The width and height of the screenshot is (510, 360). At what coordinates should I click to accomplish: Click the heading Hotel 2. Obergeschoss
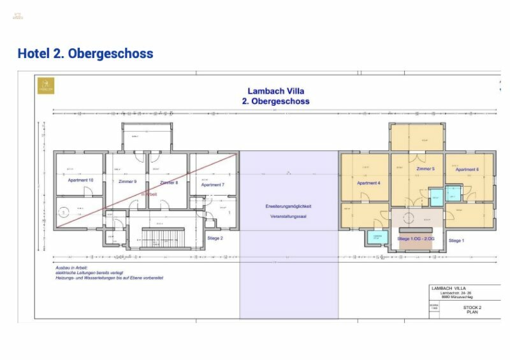pyautogui.click(x=85, y=54)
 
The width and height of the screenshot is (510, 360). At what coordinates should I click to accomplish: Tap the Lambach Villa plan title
pyautogui.click(x=276, y=91)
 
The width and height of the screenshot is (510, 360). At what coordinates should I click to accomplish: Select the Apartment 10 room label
pyautogui.click(x=80, y=180)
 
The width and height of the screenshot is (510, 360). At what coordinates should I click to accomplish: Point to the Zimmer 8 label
pyautogui.click(x=169, y=183)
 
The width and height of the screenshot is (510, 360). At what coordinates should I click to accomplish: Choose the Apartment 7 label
pyautogui.click(x=212, y=185)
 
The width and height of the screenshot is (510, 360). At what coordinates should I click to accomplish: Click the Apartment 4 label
pyautogui.click(x=368, y=183)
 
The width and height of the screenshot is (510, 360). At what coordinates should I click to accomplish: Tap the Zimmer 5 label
pyautogui.click(x=425, y=169)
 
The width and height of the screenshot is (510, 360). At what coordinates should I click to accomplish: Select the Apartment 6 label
pyautogui.click(x=467, y=169)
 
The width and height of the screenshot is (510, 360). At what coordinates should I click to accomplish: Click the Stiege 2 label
pyautogui.click(x=215, y=238)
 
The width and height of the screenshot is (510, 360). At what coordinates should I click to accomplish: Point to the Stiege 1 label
pyautogui.click(x=456, y=241)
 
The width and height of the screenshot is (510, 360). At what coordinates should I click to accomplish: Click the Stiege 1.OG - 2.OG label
pyautogui.click(x=416, y=238)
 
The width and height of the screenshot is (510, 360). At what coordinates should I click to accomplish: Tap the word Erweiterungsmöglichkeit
pyautogui.click(x=288, y=206)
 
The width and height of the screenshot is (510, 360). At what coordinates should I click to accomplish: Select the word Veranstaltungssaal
pyautogui.click(x=288, y=217)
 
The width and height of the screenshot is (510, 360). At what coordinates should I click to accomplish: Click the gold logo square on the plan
pyautogui.click(x=46, y=85)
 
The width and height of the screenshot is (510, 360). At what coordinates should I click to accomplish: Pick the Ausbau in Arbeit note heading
pyautogui.click(x=71, y=267)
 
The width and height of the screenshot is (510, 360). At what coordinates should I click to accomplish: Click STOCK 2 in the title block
pyautogui.click(x=472, y=307)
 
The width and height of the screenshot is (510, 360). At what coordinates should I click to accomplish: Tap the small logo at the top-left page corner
pyautogui.click(x=17, y=15)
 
